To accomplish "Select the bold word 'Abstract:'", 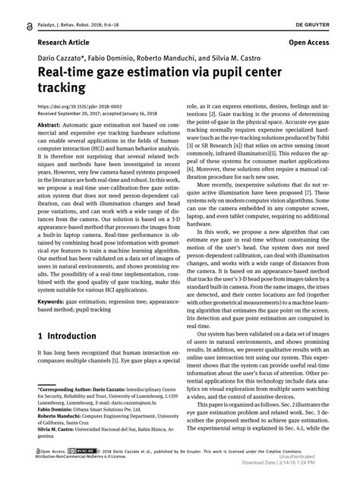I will [x=43, y=124].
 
